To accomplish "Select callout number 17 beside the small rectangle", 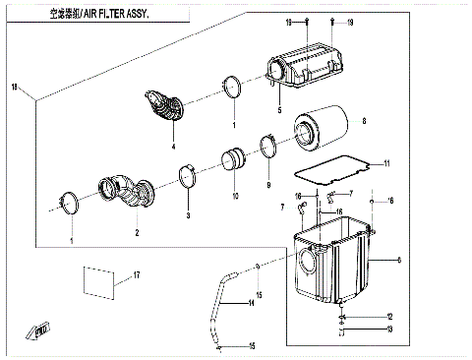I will click(x=137, y=274).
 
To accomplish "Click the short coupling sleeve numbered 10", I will click(x=236, y=158).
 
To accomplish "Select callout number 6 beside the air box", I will click(x=397, y=261).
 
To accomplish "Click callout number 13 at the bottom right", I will click(x=390, y=329).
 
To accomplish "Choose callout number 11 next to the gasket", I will click(x=387, y=163).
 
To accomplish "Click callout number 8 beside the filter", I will click(x=363, y=122).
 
